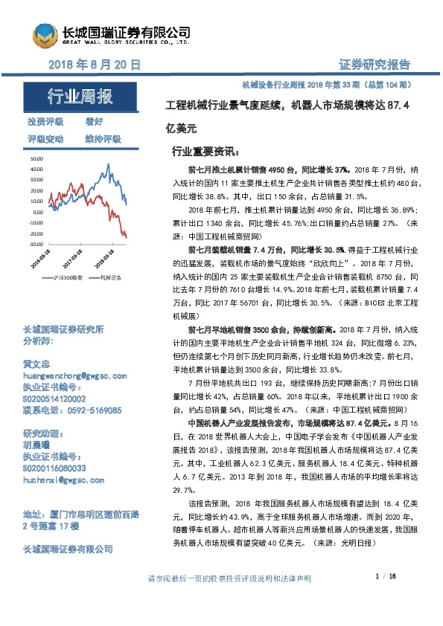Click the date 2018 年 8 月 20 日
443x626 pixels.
[x=94, y=65]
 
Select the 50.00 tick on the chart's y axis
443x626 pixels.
[x=37, y=159]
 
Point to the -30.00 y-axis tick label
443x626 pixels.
[x=36, y=243]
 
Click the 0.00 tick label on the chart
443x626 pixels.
[x=39, y=212]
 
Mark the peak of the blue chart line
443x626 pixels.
[x=109, y=164]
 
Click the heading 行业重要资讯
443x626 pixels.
[x=203, y=150]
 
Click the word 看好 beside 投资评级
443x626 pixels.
[x=95, y=121]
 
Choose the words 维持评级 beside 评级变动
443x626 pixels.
[x=103, y=138]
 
